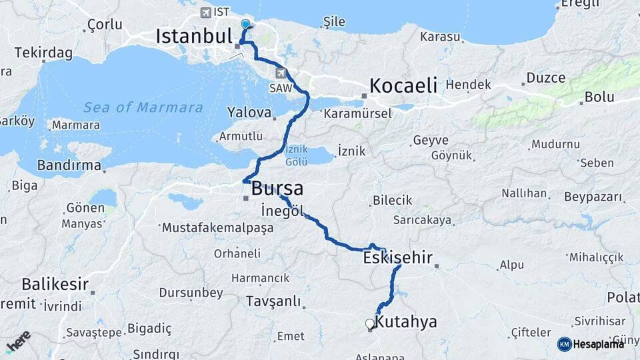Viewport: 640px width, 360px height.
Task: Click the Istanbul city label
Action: coord(193,36)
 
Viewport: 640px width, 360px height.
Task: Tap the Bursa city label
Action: coord(277,189)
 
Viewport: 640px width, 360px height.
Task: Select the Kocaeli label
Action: coord(403,85)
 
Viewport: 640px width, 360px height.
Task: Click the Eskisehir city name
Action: coord(399,257)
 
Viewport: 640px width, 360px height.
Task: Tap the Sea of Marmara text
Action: coord(143,107)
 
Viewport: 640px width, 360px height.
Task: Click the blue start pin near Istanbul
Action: coord(245,25)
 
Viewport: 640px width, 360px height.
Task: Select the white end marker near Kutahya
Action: coord(370,324)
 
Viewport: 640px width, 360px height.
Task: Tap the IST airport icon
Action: coord(205,13)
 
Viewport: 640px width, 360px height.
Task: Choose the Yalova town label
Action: coord(249,113)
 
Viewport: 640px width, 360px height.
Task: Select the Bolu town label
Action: coord(599,97)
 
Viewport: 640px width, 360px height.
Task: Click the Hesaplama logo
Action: coord(591,343)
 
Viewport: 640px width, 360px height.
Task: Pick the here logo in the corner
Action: coord(18,341)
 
